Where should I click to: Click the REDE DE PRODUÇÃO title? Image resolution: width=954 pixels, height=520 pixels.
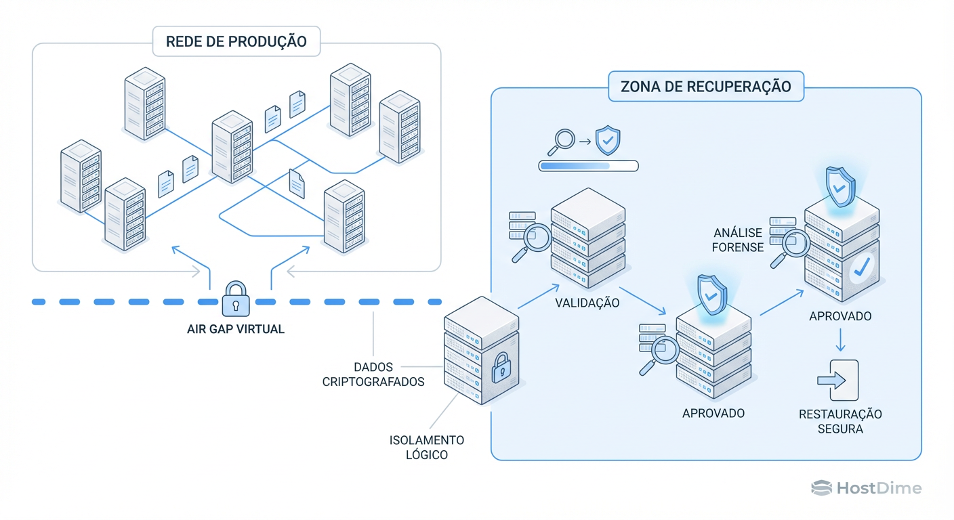point(236,41)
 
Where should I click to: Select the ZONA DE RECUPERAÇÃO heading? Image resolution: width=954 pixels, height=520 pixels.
point(705,87)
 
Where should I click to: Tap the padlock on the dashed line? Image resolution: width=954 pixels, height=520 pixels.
point(236,299)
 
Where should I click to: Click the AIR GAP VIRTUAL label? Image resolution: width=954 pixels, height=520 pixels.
point(236,330)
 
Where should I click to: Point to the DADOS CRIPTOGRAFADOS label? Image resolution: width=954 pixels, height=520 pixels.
point(373,374)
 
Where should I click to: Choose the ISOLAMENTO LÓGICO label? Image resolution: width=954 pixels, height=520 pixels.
point(427,448)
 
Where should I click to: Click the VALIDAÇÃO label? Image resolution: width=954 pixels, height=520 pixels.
point(587,303)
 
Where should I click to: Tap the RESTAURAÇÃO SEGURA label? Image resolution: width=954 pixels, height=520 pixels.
point(840,421)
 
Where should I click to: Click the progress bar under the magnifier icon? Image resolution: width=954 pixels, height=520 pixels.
point(588,165)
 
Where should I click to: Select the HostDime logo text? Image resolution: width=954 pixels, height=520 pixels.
point(867,488)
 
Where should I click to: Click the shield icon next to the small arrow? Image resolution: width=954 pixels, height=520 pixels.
point(607,140)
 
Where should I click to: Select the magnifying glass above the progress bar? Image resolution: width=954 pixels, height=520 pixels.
point(561,141)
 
